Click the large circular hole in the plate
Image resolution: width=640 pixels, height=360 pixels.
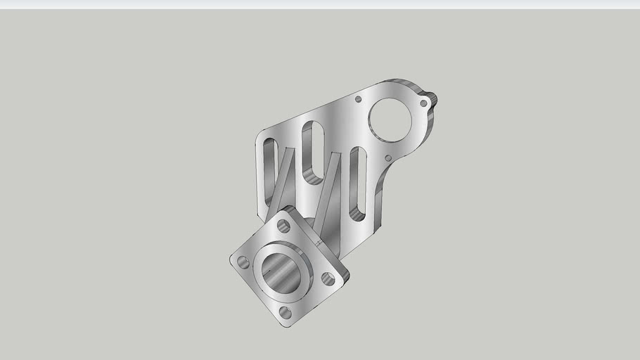click(388, 117)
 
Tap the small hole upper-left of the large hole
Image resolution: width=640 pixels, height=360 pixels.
click(358, 99)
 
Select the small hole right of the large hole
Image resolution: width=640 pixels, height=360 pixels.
click(423, 103)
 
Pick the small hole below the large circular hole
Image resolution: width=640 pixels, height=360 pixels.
click(388, 158)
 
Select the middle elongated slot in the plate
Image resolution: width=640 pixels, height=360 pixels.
click(311, 151)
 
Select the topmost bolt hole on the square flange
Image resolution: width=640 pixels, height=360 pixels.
click(283, 226)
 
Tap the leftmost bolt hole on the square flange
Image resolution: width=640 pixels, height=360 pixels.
click(243, 262)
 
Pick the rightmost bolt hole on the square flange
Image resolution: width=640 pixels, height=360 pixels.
click(327, 278)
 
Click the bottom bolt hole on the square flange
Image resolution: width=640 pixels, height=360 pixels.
click(285, 312)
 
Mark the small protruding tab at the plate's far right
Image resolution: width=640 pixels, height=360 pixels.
click(433, 98)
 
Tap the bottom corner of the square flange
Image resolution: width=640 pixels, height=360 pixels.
click(287, 326)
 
